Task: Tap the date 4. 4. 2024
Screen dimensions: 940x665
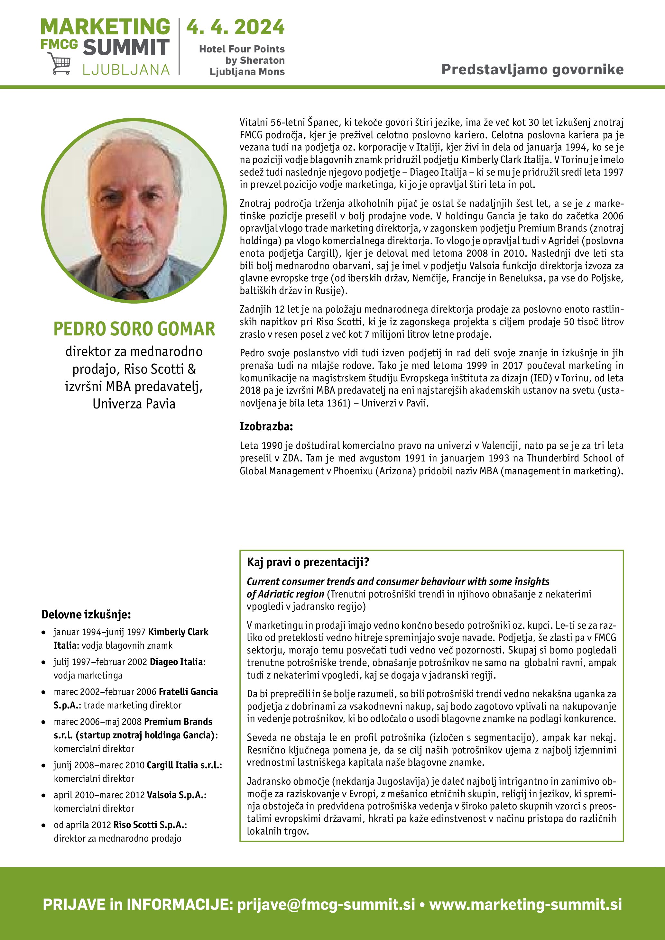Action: click(x=235, y=27)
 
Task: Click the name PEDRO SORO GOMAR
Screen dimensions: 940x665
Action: click(x=134, y=329)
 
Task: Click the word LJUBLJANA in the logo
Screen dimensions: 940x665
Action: click(x=126, y=69)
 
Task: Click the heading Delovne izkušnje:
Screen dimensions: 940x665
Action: click(x=86, y=615)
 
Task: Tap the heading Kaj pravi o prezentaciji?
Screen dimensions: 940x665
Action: click(x=308, y=562)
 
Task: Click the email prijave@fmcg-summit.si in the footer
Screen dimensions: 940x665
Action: click(x=326, y=904)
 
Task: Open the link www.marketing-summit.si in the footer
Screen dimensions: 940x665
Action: click(x=525, y=904)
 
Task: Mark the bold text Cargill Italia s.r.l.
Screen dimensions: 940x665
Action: click(x=183, y=765)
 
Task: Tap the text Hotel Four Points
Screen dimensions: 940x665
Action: click(x=242, y=49)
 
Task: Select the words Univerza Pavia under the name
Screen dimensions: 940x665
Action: click(x=134, y=404)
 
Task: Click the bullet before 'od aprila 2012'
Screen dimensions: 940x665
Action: click(x=43, y=826)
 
